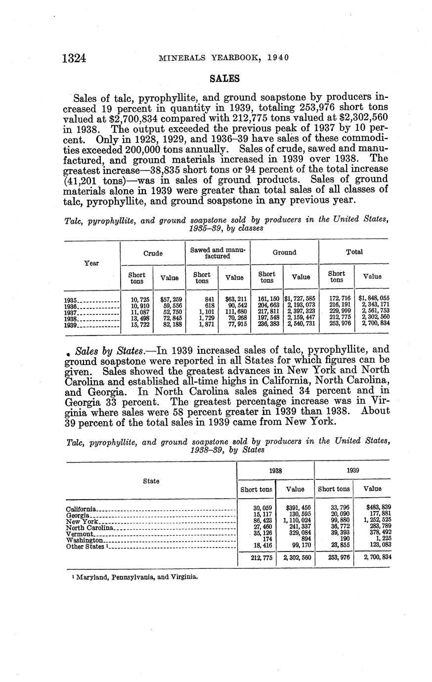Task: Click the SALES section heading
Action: [225, 79]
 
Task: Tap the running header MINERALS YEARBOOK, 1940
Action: [223, 58]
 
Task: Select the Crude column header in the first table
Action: [153, 253]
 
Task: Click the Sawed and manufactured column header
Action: [217, 253]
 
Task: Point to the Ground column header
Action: [284, 253]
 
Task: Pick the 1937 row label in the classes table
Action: [71, 313]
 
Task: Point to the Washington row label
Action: [84, 540]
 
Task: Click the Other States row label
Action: [85, 547]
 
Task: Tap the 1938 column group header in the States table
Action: [275, 471]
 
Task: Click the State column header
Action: [151, 481]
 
